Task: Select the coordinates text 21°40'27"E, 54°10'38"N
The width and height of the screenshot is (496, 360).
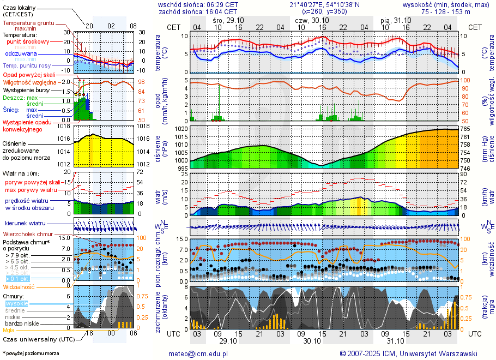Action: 324,4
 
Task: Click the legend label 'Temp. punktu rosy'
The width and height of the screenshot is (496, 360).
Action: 26,65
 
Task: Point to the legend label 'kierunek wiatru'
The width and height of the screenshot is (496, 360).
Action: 26,224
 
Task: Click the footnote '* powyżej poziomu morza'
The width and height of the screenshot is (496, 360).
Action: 31,353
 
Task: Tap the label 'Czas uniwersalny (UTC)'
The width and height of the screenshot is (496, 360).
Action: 38,339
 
